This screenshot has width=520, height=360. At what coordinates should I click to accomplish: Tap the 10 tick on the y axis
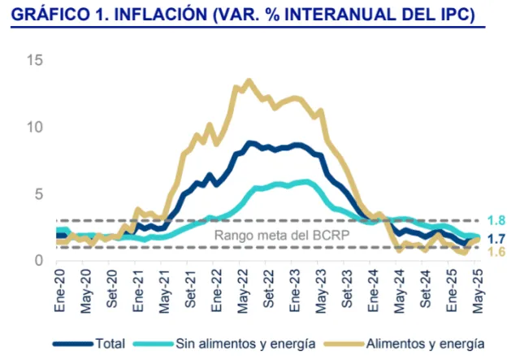(34, 128)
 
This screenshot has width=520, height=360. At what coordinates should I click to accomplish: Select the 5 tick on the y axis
(38, 194)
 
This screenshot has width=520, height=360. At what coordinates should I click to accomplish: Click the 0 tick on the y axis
(38, 261)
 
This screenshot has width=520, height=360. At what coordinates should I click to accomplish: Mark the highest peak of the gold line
(248, 80)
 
